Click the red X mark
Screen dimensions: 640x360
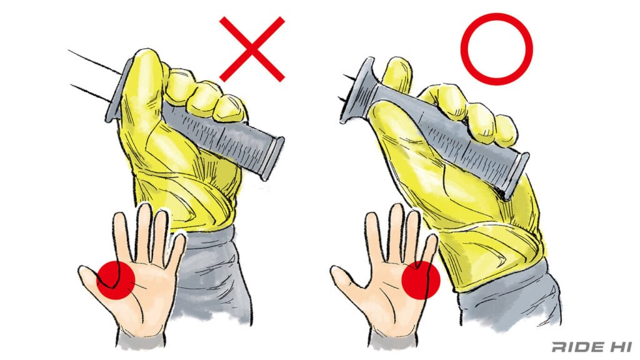point(252,49)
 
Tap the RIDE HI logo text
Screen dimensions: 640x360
point(592,347)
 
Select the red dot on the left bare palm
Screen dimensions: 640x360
point(116,281)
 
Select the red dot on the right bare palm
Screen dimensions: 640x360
point(421,281)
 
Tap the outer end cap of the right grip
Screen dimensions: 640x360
point(517,175)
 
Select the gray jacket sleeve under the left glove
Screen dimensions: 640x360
point(212,274)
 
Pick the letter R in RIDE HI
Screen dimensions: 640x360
point(560,347)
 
